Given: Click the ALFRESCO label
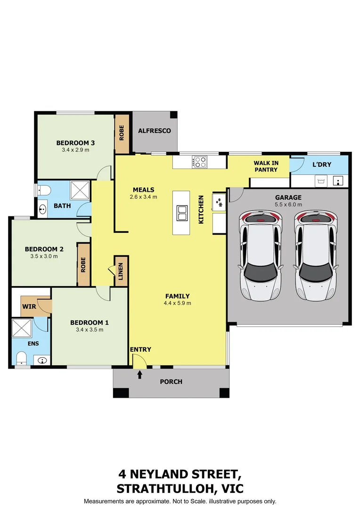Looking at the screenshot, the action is coord(154,131).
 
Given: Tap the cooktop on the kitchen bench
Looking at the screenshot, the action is coord(199,162).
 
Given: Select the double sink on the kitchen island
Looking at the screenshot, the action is coord(182,213).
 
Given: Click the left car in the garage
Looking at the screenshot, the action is coord(261,256).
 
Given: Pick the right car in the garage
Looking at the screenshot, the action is coord(316,256).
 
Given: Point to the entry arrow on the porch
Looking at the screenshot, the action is coord(139,375).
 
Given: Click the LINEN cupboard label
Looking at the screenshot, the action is coord(121,271).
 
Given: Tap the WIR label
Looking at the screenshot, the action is coord(29,306).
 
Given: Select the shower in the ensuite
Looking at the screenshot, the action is coord(22,328).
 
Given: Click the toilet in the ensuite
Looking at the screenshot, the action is coord(21,358).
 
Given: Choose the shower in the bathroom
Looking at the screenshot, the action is coord(80,190).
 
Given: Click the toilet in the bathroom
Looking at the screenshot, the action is coord(43,190).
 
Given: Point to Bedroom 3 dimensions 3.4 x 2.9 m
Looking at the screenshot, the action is coord(75,150).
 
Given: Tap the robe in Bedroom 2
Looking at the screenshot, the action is coord(83,264).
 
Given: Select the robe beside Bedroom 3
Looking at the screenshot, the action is coord(122,134).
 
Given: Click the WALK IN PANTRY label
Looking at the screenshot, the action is coord(266,166).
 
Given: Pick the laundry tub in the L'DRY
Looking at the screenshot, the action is coord(321,181).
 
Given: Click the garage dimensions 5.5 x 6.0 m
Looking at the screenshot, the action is coord(288,205).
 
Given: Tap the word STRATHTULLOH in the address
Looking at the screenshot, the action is coord(164,489).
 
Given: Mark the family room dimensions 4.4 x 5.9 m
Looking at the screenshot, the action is coord(177,303).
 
